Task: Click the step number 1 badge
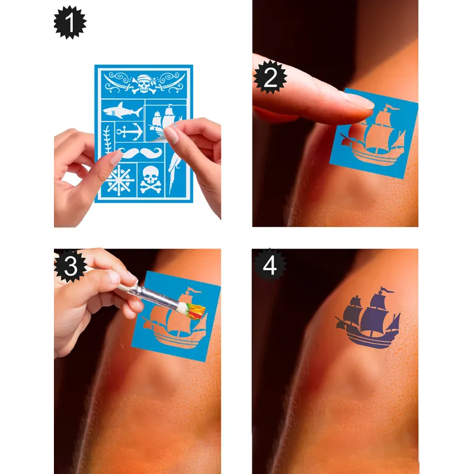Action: coord(70,23)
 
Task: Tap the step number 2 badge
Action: coord(270,77)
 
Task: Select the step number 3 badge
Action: coord(71,266)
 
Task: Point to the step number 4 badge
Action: coord(270,265)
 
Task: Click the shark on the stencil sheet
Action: coord(122,111)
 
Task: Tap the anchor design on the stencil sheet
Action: coord(130,132)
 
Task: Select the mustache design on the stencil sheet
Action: coord(140,152)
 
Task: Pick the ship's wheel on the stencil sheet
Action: coord(120,181)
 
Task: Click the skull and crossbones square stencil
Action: coord(150,180)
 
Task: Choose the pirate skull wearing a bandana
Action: coord(144,83)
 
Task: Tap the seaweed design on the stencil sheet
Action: coord(108,140)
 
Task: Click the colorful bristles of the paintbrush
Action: coord(192,310)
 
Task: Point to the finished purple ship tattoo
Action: coord(367,318)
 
